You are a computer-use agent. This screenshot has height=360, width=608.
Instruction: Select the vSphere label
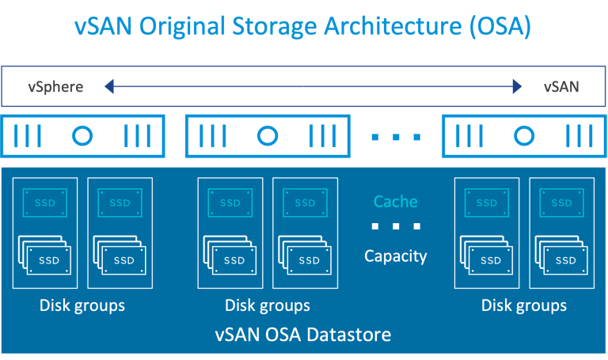55,86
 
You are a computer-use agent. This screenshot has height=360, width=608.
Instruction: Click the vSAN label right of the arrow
560,86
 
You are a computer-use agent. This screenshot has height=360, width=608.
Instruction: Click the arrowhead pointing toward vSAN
518,86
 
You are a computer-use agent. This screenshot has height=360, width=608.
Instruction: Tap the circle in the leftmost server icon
82,136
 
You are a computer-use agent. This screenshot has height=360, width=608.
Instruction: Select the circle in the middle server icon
268,136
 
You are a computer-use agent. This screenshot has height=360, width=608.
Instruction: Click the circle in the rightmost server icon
523,136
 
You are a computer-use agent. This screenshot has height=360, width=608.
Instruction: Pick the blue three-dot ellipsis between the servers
396,137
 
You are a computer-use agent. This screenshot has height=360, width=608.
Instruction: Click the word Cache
395,202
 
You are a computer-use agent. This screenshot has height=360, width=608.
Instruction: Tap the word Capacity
395,256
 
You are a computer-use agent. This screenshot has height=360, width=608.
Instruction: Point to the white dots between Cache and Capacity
395,228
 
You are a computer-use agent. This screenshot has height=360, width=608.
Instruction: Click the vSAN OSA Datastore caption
303,335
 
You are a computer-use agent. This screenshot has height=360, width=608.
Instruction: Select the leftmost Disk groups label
82,305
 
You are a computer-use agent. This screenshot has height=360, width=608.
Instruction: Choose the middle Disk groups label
268,305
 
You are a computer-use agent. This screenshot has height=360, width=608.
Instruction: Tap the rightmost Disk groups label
524,305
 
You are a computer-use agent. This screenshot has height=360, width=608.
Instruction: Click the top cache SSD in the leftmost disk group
45,203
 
